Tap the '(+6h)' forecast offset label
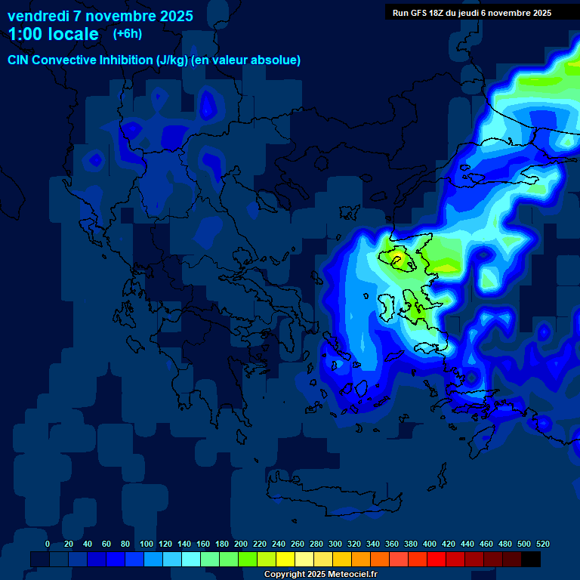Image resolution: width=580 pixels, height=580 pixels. tap(127, 33)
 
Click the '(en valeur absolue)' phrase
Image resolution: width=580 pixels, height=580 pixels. tap(245, 60)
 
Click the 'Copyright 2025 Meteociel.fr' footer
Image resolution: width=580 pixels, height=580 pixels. tap(320, 575)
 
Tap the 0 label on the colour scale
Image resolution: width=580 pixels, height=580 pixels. tap(48, 544)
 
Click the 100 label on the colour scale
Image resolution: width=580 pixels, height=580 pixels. tap(147, 544)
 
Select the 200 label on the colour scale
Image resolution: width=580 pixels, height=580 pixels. tap(241, 544)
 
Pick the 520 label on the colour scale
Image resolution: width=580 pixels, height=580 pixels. tap(542, 544)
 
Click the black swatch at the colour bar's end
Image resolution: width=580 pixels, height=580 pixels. tap(531, 559)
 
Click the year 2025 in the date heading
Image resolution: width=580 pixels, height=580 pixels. tap(174, 16)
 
